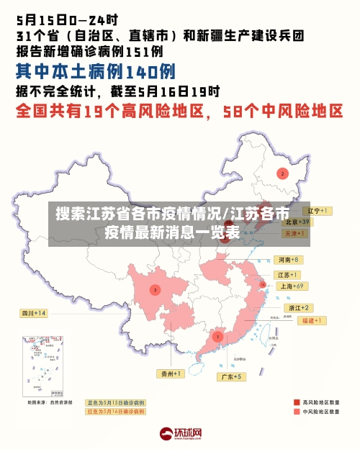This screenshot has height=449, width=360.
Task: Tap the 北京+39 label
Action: pos(296,222)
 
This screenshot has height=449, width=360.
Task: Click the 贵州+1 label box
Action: pos(171,373)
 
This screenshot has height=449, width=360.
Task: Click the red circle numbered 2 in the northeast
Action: pos(283,173)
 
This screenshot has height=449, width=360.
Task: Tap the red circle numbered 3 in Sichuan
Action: pos(155,290)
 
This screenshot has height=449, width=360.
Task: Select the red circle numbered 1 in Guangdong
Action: pos(217,336)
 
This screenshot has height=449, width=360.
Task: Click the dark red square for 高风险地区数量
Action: pos(297,402)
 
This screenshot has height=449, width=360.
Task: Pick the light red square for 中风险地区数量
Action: pos(297,413)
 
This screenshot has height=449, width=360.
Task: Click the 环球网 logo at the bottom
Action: pos(180,433)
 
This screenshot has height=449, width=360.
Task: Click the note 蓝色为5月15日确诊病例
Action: pos(116,403)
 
